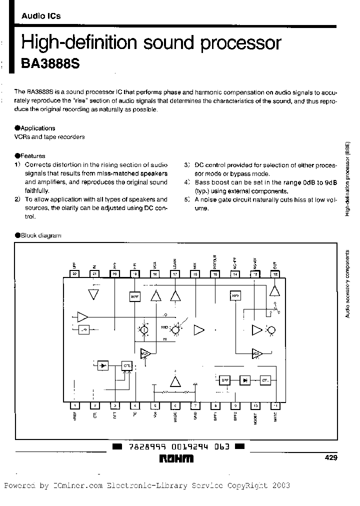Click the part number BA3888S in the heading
point(50,64)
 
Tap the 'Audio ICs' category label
point(40,16)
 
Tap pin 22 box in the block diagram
point(74,273)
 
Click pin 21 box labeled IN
point(94,273)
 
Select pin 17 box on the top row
point(175,273)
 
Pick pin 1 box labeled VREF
point(74,405)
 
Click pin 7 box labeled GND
point(195,405)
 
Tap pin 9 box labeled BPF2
point(235,405)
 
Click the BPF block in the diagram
point(224,380)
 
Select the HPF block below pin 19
point(135,296)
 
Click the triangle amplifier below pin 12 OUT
point(274,291)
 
